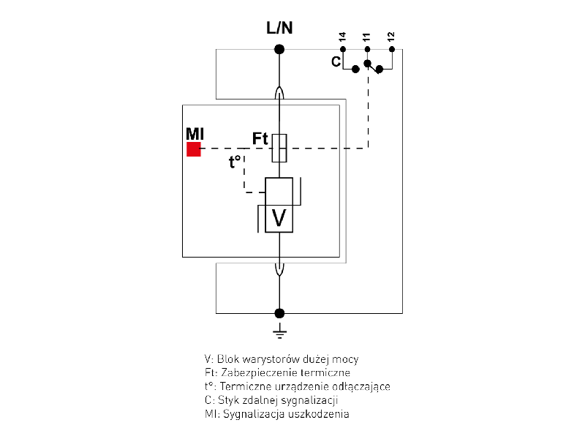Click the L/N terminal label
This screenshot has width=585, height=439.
pyautogui.click(x=279, y=29)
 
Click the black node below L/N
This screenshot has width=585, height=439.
pyautogui.click(x=279, y=50)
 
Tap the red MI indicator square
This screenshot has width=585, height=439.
pyautogui.click(x=194, y=149)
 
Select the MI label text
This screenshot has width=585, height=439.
pyautogui.click(x=195, y=133)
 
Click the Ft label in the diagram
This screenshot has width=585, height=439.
pyautogui.click(x=261, y=138)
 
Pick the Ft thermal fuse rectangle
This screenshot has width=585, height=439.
pyautogui.click(x=279, y=148)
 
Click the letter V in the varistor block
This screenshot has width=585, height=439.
pyautogui.click(x=279, y=217)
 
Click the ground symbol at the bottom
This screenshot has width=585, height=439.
pyautogui.click(x=279, y=334)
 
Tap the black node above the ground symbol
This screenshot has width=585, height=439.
pyautogui.click(x=279, y=313)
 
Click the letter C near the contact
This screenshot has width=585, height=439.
pyautogui.click(x=336, y=62)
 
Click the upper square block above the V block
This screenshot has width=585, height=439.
pyautogui.click(x=279, y=191)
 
